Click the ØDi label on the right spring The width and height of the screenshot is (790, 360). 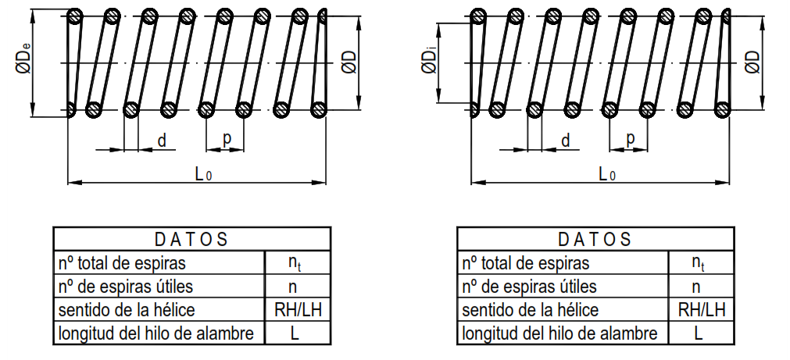pyautogui.click(x=429, y=61)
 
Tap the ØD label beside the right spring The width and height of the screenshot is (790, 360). pyautogui.click(x=753, y=61)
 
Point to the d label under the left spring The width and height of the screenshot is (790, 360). pyautogui.click(x=162, y=141)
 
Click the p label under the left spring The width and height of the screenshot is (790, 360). pyautogui.click(x=227, y=139)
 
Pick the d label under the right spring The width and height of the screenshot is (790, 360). pyautogui.click(x=565, y=141)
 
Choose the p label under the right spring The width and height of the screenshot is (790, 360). pyautogui.click(x=630, y=139)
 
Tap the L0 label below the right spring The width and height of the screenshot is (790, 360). pyautogui.click(x=606, y=173)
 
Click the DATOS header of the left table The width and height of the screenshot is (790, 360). pyautogui.click(x=191, y=239)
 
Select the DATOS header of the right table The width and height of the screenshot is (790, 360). pyautogui.click(x=595, y=239)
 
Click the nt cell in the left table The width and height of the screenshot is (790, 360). pyautogui.click(x=295, y=263)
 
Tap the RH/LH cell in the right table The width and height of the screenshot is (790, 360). pyautogui.click(x=699, y=310)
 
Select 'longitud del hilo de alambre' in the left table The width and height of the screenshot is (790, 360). pyautogui.click(x=156, y=333)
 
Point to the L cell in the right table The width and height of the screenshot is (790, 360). pyautogui.click(x=699, y=333)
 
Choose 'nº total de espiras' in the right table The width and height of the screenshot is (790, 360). pyautogui.click(x=526, y=263)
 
